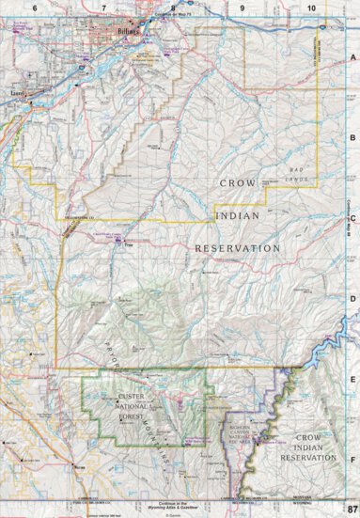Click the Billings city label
click(129, 31)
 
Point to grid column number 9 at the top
click(242, 7)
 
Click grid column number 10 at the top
click(310, 7)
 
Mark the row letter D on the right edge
click(352, 300)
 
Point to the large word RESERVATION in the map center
click(237, 247)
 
